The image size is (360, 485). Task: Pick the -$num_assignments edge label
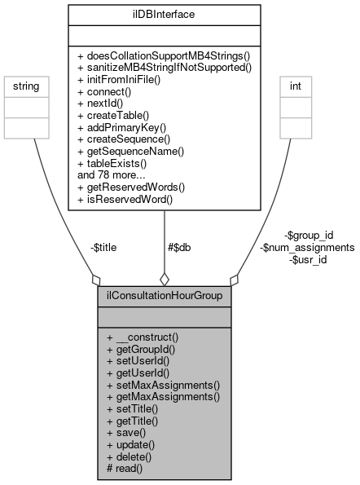click(306, 249)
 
